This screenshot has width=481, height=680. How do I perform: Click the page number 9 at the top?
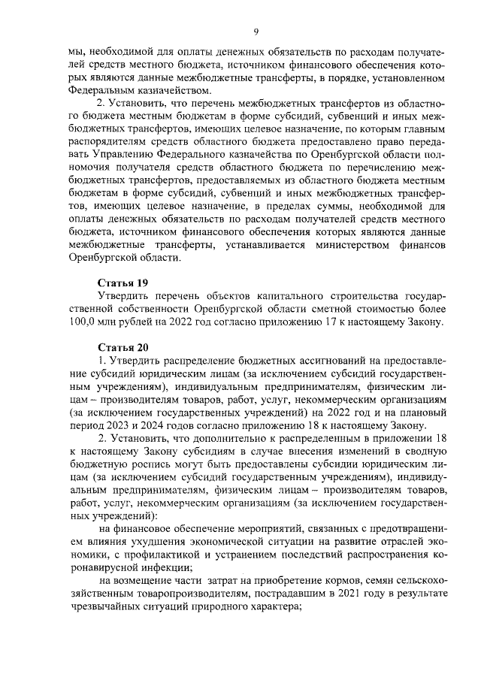point(256,31)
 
